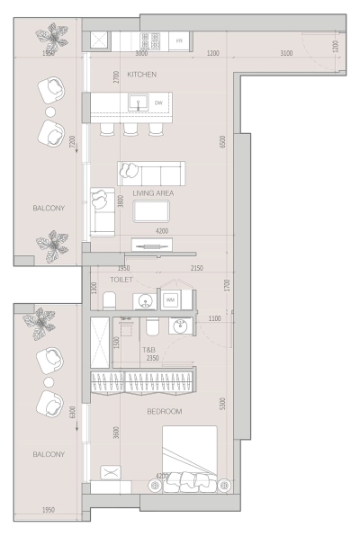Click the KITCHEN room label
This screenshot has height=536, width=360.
142,74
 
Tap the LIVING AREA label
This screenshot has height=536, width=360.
153,193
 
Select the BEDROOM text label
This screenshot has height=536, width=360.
165,411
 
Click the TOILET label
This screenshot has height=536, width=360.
122,280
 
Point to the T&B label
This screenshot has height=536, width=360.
149,349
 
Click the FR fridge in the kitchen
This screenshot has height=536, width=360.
178,41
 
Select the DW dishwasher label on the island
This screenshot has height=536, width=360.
158,103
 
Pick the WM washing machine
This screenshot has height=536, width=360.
171,299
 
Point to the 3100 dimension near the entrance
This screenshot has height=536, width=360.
285,54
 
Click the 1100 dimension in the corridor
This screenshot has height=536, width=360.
214,319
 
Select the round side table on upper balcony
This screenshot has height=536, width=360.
50,112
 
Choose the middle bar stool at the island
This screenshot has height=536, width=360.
131,129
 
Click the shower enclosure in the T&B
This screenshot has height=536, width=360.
101,345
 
